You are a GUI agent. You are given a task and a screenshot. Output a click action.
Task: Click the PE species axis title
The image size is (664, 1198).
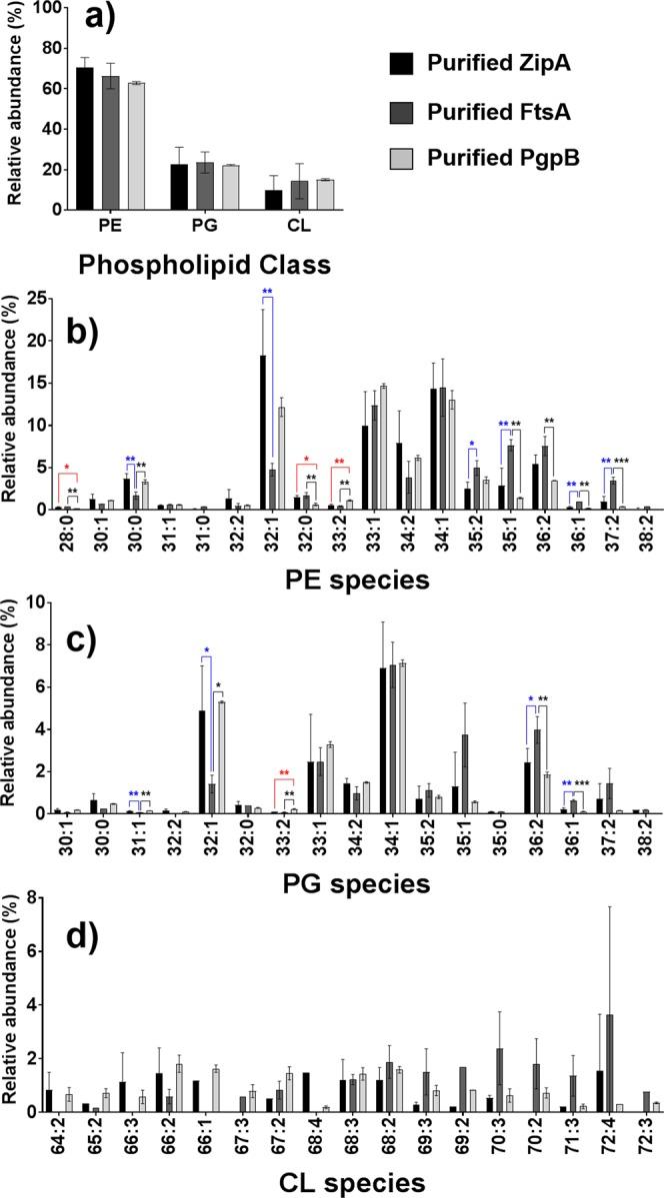tap(345, 579)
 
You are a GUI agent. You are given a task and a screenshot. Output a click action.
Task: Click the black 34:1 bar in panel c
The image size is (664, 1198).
tap(383, 740)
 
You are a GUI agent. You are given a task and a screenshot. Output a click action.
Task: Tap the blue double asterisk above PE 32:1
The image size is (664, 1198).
tap(267, 292)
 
